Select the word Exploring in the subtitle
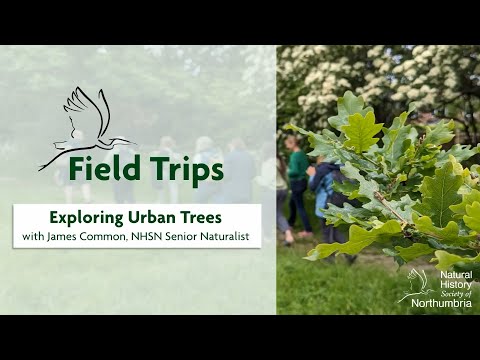click(86, 217)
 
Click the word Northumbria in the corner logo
click(441, 304)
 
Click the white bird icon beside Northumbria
click(414, 285)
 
